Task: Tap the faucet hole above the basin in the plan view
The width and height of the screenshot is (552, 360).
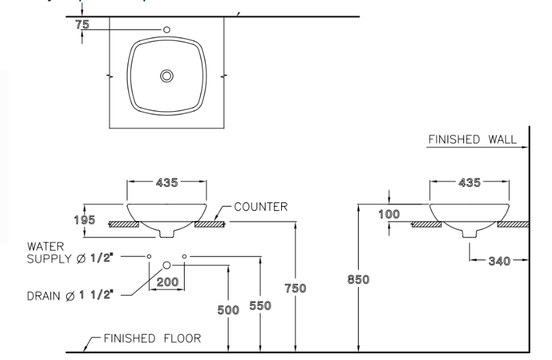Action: coord(166,30)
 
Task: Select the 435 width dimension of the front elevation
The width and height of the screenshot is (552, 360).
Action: coord(166,183)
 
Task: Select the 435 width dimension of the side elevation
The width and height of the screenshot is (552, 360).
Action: coord(468,183)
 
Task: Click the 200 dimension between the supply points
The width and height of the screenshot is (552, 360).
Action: coord(166,281)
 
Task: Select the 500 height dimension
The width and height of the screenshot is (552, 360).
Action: coord(228,310)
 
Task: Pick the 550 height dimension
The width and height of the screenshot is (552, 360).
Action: coord(259,306)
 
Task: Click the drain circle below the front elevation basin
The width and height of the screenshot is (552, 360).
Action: coord(166,265)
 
